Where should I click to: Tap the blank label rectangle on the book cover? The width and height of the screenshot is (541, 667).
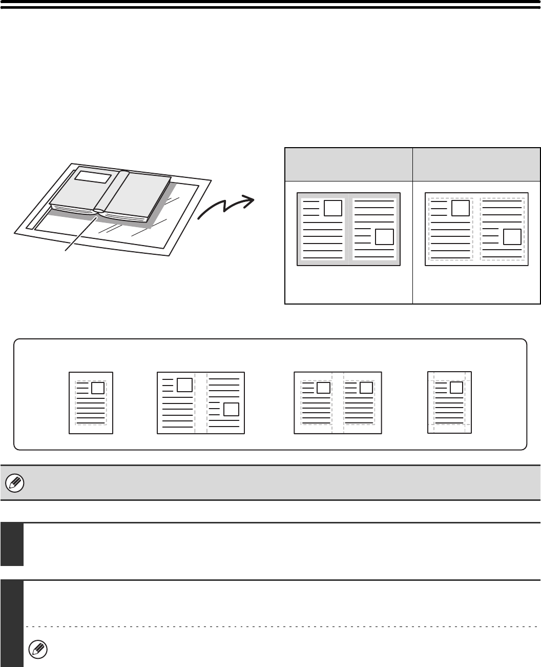click(92, 177)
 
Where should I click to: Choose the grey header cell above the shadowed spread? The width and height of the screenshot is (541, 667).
click(348, 164)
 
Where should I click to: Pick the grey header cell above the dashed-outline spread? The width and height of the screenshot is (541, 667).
click(476, 164)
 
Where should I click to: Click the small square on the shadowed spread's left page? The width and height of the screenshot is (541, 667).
click(333, 208)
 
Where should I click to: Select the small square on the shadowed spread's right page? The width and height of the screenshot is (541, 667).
click(384, 236)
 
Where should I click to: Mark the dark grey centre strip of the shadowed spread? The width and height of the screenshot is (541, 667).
click(348, 229)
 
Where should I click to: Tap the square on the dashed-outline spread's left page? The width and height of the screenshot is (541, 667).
click(461, 208)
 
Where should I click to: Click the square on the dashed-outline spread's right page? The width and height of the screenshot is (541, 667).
click(512, 236)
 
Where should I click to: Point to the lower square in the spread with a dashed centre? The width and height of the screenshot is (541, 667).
click(232, 409)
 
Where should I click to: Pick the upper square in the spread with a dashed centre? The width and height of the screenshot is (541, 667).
click(184, 384)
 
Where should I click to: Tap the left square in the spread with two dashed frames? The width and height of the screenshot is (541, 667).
click(323, 388)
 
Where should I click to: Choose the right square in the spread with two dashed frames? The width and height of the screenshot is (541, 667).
click(366, 388)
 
